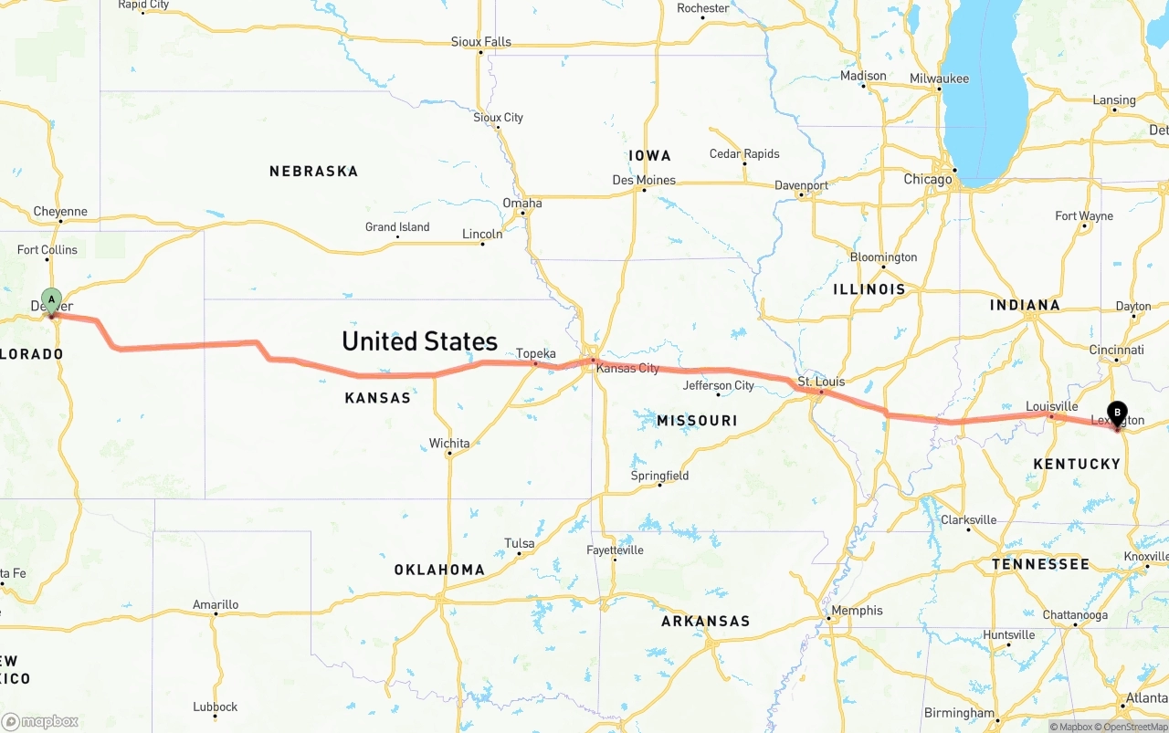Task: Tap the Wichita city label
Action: pyautogui.click(x=449, y=444)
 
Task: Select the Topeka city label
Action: pyautogui.click(x=535, y=353)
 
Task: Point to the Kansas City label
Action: pyautogui.click(x=627, y=368)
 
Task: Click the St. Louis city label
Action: pyautogui.click(x=821, y=382)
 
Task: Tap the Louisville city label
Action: pyautogui.click(x=1051, y=406)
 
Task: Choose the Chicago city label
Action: pyautogui.click(x=927, y=180)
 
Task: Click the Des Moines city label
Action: pyautogui.click(x=644, y=180)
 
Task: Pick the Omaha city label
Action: pyautogui.click(x=521, y=203)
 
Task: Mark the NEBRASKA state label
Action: pyautogui.click(x=313, y=172)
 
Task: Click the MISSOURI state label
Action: pyautogui.click(x=697, y=421)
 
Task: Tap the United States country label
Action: pyautogui.click(x=419, y=341)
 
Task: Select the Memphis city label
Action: pyautogui.click(x=857, y=611)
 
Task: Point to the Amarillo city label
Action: pyautogui.click(x=216, y=604)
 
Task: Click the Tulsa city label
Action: pyautogui.click(x=519, y=544)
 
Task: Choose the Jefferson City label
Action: pyautogui.click(x=719, y=385)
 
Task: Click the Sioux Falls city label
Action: pyautogui.click(x=480, y=42)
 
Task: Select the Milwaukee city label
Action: pyautogui.click(x=939, y=79)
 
